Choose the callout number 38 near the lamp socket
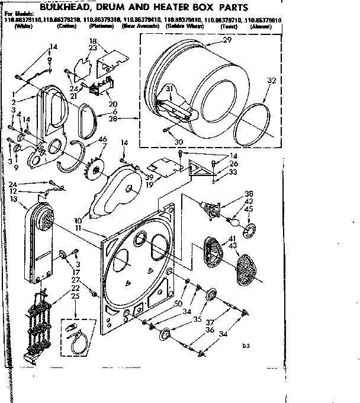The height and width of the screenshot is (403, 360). point(249,193)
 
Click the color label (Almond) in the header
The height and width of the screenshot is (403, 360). point(261,27)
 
